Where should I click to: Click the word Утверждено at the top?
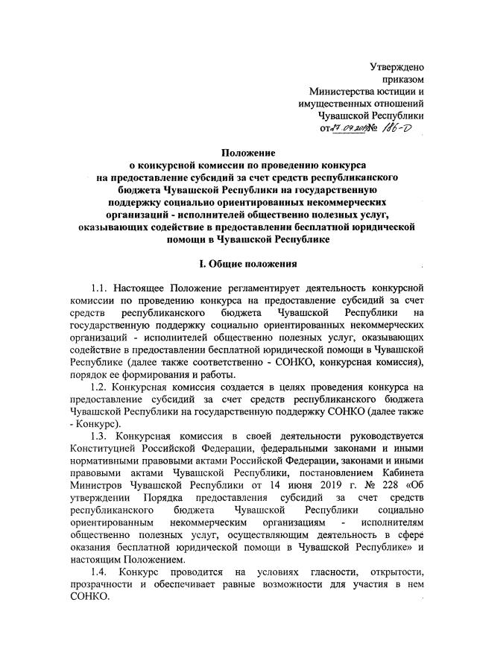tap(397, 68)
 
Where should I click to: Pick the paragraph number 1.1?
tap(101, 287)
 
